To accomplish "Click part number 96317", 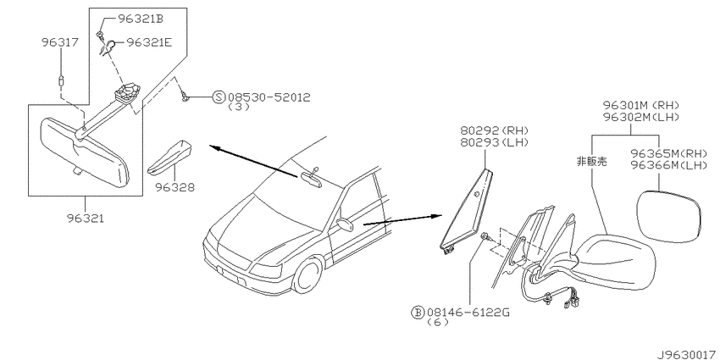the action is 60,42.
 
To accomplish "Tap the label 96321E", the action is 149,42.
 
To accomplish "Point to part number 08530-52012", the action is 269,97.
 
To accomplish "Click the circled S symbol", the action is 219,97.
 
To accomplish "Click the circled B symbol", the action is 418,313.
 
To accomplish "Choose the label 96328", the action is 175,187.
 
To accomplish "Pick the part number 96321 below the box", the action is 85,219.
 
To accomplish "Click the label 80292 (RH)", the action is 495,130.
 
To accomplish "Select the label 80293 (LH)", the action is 495,143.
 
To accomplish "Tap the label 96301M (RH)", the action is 641,105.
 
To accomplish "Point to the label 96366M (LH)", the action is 668,165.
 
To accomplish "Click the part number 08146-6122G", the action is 468,313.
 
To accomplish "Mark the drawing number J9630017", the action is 687,354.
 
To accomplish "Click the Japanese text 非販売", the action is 592,161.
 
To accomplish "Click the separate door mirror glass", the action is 669,216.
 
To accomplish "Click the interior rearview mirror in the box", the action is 85,152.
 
